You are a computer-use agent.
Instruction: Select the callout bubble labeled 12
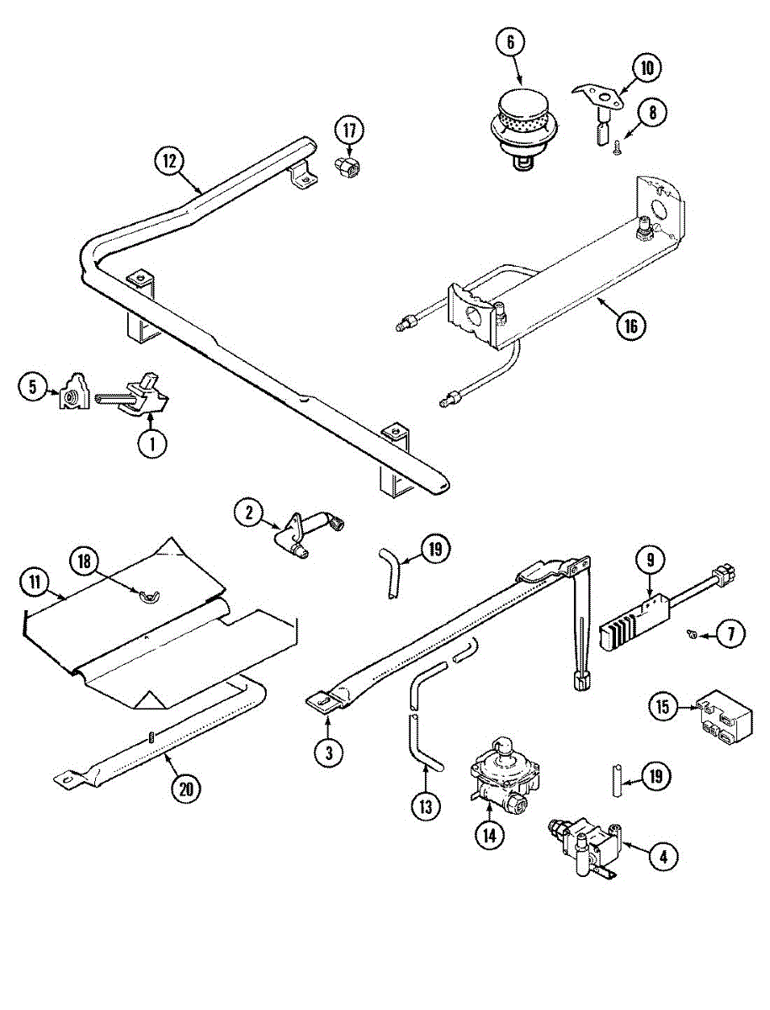[169, 160]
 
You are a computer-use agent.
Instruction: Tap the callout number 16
[630, 325]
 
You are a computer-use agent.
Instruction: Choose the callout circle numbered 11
[35, 580]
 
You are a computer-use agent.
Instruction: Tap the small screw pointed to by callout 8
[617, 148]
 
